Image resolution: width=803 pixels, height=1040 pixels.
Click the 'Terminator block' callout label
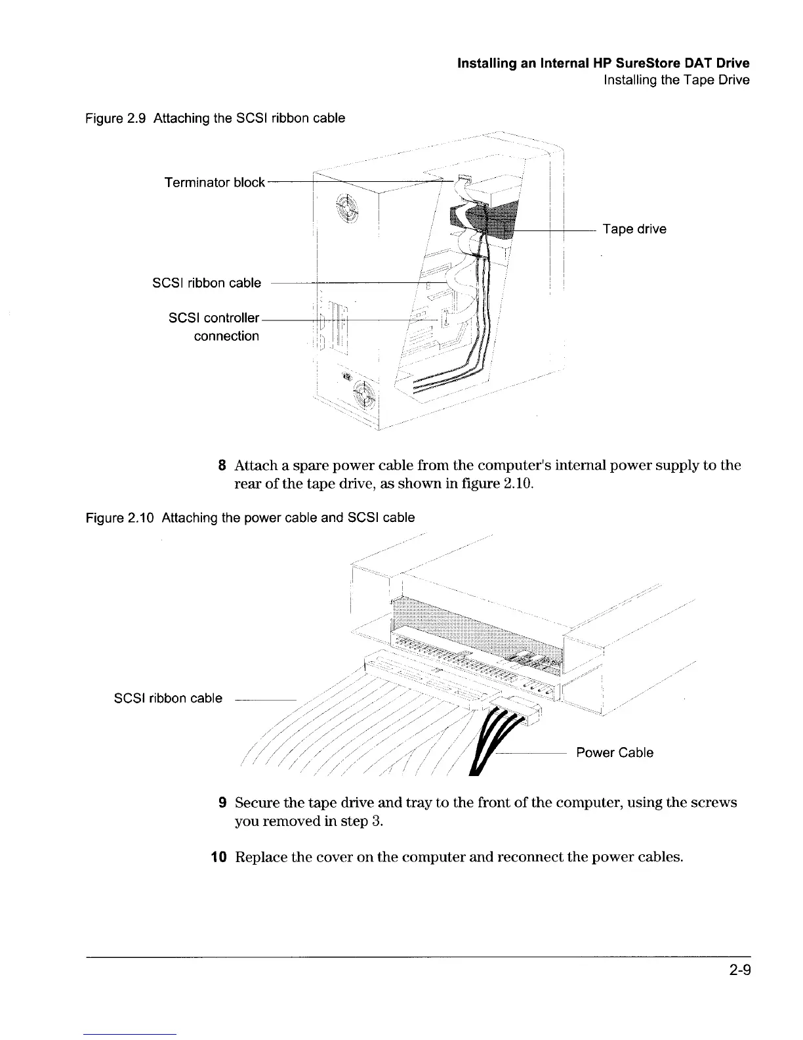(215, 183)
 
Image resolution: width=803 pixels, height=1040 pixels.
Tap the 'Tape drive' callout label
(634, 229)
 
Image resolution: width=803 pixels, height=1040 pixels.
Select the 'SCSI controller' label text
(214, 318)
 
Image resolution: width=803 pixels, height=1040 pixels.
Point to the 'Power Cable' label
(615, 752)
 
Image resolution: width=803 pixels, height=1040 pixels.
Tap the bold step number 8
(222, 466)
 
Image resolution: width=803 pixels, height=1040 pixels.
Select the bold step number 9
(222, 803)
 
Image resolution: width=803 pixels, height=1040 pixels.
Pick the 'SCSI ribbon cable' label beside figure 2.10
(168, 699)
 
